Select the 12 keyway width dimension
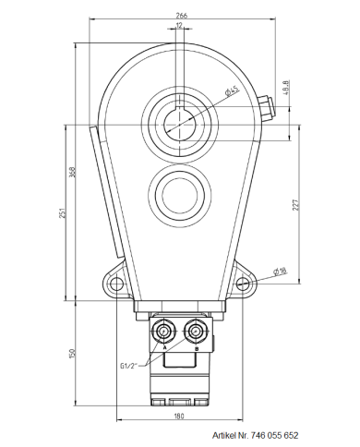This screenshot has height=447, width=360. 178,27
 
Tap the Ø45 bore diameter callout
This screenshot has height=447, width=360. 231,90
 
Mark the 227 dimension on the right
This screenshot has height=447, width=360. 296,205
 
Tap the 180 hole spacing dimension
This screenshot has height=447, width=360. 179,415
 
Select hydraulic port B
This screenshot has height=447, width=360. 195,331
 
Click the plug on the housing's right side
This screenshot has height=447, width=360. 267,107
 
